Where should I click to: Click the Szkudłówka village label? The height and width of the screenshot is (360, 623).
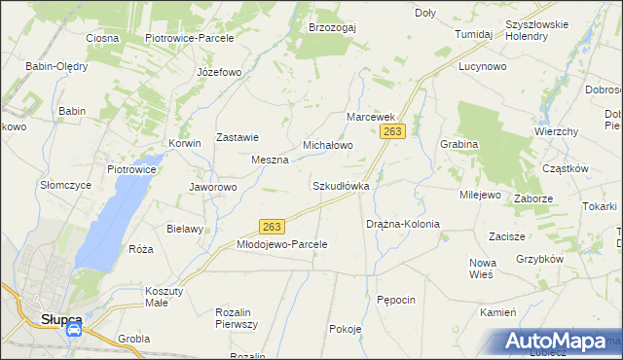click(341, 185)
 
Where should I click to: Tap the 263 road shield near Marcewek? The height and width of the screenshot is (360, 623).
click(393, 131)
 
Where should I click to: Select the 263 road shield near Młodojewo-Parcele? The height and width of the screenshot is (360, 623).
click(273, 226)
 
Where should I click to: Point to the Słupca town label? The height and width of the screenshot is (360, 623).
click(60, 318)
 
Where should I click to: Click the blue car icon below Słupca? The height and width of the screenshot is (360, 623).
click(74, 331)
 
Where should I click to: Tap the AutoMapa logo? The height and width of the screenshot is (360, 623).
click(561, 342)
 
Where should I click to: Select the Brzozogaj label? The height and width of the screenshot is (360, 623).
click(332, 27)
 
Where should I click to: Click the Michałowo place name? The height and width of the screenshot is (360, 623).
click(327, 144)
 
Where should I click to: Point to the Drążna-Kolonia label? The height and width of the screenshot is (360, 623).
click(403, 224)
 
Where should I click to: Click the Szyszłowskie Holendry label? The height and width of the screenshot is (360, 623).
click(540, 29)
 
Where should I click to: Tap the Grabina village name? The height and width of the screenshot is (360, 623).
click(459, 144)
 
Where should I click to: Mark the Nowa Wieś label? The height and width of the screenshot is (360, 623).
click(483, 269)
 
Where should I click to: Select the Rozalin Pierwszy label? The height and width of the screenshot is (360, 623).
click(236, 318)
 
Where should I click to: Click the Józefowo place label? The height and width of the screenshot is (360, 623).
click(218, 72)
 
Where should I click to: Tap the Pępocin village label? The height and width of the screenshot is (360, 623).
click(396, 300)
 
